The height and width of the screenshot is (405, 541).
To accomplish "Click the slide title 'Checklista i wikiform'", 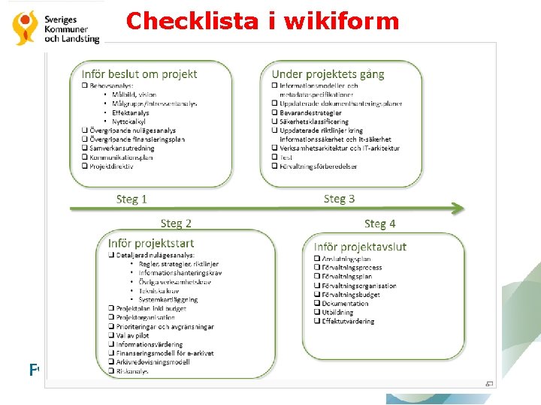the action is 262,20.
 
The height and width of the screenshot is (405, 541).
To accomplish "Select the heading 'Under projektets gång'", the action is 328,73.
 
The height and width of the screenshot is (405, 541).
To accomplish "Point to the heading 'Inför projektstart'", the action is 150,242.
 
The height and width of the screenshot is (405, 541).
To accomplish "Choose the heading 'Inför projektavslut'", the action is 360,247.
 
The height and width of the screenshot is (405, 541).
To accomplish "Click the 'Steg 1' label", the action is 131,199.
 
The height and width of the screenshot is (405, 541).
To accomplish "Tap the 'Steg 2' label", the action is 176,223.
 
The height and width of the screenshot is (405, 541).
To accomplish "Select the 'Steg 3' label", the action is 339,199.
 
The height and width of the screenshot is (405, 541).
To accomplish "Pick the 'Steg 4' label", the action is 379,223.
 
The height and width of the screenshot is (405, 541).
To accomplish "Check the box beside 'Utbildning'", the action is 316,313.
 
